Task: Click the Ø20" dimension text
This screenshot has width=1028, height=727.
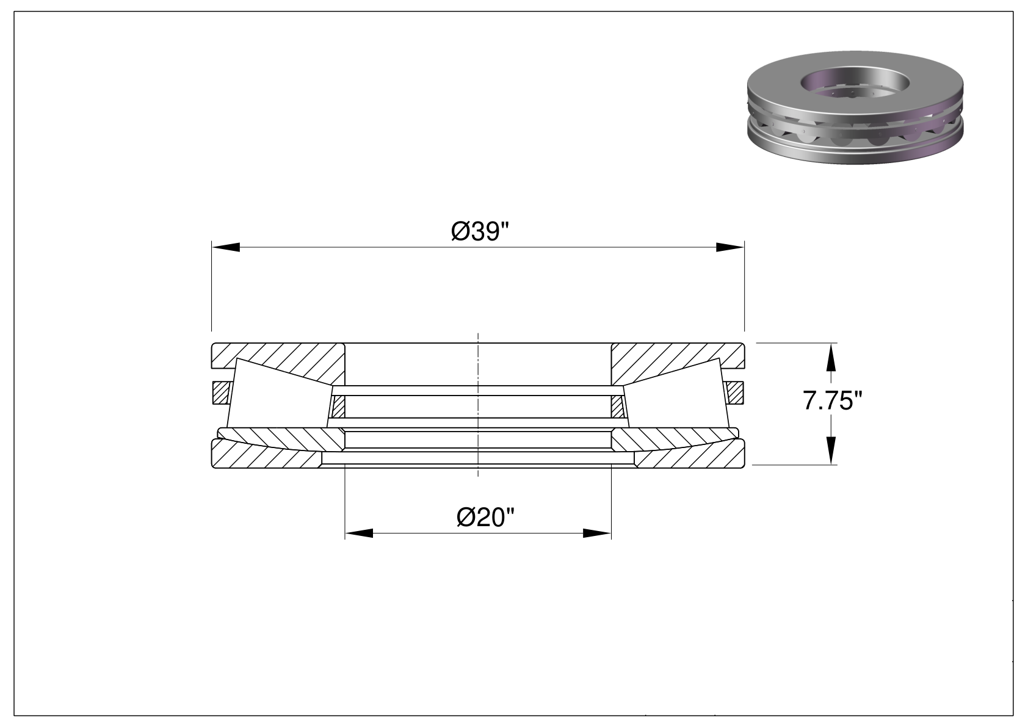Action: (x=486, y=518)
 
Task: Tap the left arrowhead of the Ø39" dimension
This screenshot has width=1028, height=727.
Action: (x=225, y=247)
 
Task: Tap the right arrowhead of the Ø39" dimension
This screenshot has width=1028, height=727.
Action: (x=730, y=247)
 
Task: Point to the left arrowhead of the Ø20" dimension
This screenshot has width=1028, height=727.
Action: (x=359, y=533)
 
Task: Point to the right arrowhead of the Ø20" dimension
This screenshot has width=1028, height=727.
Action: (x=597, y=533)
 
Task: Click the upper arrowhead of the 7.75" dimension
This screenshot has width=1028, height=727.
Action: (x=831, y=357)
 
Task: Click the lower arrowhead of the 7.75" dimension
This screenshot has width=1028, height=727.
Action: (x=831, y=450)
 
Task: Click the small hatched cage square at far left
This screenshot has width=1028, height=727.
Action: (x=221, y=393)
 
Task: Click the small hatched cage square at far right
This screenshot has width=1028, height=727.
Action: (x=735, y=393)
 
